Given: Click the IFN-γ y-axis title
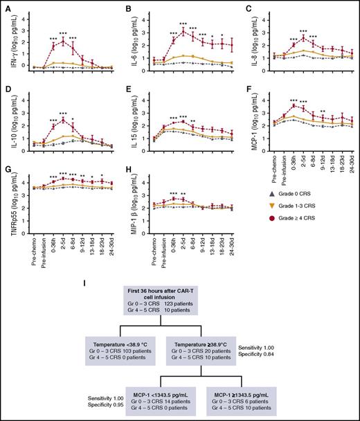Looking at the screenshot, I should tap(6, 39).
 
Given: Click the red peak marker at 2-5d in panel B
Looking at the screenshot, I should tap(183, 32).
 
